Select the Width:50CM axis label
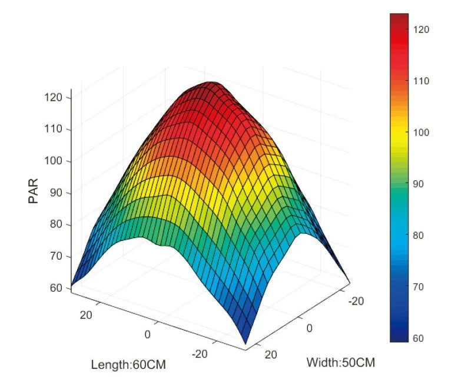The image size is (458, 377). point(341,362)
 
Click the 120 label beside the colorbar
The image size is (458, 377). point(422,29)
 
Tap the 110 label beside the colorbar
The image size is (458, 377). point(422,81)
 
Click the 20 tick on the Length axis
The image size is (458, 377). point(86,315)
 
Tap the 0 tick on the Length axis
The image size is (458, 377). point(147,335)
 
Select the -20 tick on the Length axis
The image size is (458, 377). point(200,353)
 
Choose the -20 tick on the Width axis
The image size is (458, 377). point(356,302)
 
